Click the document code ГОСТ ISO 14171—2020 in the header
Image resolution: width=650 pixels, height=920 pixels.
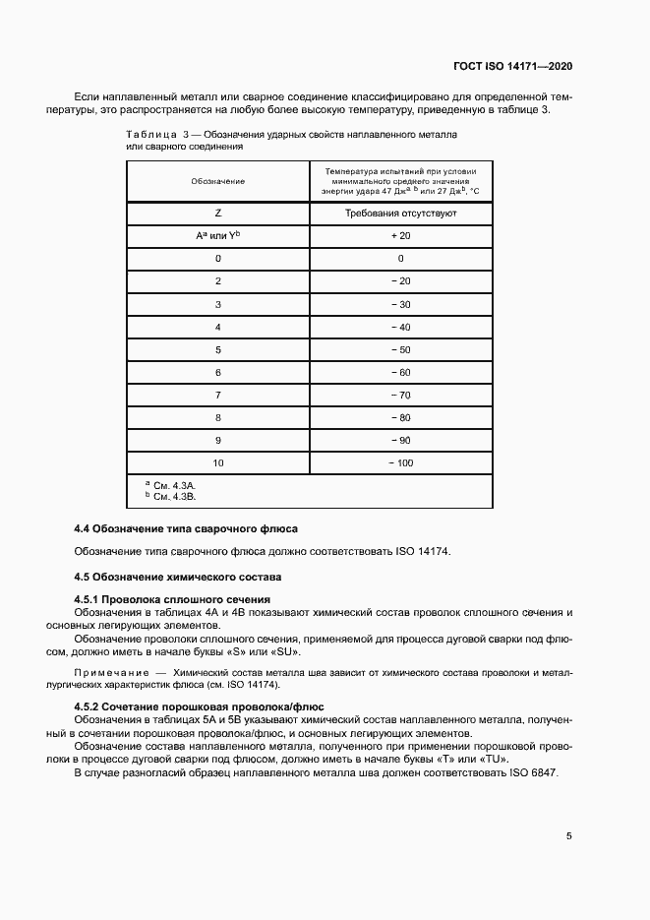[513, 67]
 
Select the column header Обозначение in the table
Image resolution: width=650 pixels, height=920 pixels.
[217, 181]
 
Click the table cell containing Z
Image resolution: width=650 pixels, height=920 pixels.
[217, 214]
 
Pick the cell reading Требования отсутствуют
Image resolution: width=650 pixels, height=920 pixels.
[401, 214]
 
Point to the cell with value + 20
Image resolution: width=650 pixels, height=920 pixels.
[401, 236]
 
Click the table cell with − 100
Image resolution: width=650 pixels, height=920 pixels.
[401, 461]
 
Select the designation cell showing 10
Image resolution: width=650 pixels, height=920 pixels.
[217, 461]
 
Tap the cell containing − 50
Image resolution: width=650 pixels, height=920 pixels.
[401, 349]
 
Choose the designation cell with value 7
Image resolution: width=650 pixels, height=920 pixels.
[217, 394]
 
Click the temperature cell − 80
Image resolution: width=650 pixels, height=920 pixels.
[401, 416]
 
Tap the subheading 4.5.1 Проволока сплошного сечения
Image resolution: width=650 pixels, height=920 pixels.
[172, 599]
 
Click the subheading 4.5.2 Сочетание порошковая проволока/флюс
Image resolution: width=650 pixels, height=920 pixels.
[200, 707]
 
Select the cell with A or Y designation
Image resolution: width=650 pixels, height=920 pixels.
[217, 236]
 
